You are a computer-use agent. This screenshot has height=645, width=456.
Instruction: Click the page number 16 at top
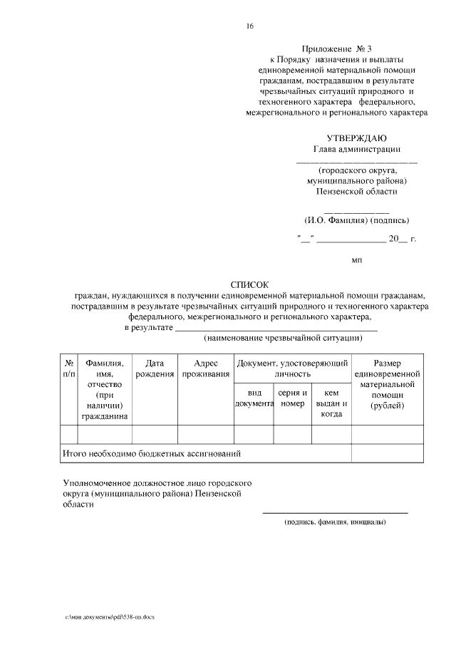click(250, 26)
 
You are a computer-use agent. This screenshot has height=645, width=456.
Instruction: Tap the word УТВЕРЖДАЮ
click(356, 138)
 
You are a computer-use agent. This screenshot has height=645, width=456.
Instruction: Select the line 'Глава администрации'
click(356, 150)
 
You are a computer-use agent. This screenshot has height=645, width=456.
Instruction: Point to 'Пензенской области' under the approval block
click(356, 191)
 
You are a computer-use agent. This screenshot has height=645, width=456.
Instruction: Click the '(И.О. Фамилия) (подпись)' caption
click(356, 220)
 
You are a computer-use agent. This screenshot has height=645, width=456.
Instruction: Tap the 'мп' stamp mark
click(357, 261)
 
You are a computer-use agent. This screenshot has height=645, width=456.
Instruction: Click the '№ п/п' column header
click(68, 368)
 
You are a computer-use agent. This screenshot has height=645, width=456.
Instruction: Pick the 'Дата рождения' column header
click(155, 368)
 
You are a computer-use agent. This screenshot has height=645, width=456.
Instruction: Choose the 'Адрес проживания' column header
click(205, 368)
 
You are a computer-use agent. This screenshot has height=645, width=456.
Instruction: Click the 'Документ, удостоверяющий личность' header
click(292, 368)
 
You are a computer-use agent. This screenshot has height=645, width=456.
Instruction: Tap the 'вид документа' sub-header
click(254, 398)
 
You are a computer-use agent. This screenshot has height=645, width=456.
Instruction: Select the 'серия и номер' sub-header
click(293, 398)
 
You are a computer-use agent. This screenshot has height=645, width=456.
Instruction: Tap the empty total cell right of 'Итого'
click(387, 453)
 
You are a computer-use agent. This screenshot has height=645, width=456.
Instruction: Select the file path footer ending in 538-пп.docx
click(110, 616)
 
